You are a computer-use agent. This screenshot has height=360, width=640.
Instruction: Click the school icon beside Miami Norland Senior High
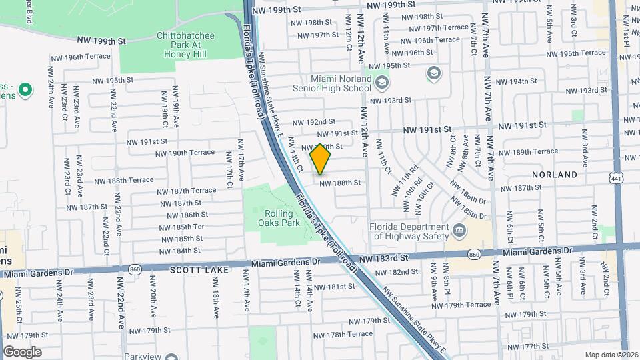(x=382, y=83)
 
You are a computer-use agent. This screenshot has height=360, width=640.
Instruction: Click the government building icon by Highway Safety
(x=459, y=231)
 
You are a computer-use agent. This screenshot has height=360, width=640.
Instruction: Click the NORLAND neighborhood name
(x=555, y=175)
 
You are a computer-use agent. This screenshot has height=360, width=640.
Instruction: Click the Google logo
(x=22, y=351)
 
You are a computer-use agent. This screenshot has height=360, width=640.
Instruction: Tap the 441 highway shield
(x=615, y=177)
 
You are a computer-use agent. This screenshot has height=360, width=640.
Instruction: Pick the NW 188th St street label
(x=340, y=183)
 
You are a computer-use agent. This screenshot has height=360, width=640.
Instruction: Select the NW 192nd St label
(x=313, y=122)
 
